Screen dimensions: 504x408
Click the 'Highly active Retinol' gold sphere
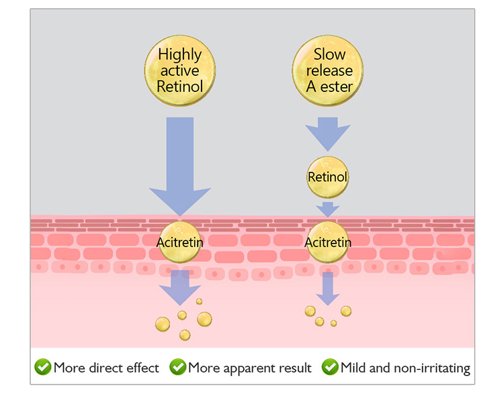[180, 70]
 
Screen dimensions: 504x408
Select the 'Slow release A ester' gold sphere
[328, 70]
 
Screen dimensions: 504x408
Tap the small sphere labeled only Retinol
[327, 177]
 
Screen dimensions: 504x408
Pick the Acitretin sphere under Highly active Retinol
[180, 242]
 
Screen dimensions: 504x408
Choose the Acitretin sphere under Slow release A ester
[328, 242]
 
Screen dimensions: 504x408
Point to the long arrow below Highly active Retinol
[180, 166]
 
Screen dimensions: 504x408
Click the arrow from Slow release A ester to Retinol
[328, 134]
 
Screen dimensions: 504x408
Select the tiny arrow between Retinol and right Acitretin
[328, 209]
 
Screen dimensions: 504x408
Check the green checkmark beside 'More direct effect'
[43, 367]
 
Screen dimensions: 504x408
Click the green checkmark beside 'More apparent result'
[178, 367]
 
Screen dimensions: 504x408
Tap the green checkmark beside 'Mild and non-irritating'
[330, 367]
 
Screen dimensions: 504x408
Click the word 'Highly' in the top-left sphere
[180, 55]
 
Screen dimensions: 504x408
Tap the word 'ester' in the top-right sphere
[337, 87]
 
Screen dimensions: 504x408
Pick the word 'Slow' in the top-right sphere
[330, 54]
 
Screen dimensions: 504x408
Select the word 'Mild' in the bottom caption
[353, 368]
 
